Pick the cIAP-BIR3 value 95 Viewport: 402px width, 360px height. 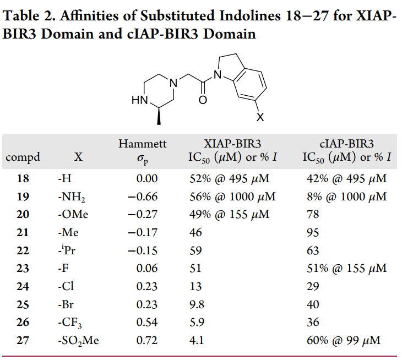[312, 233]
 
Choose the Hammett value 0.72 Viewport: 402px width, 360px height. [146, 341]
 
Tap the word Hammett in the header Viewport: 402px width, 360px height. [142, 144]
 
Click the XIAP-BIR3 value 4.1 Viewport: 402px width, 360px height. [197, 341]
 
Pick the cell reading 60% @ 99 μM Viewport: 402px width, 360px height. [344, 341]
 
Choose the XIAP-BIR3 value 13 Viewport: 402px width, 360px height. [195, 287]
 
